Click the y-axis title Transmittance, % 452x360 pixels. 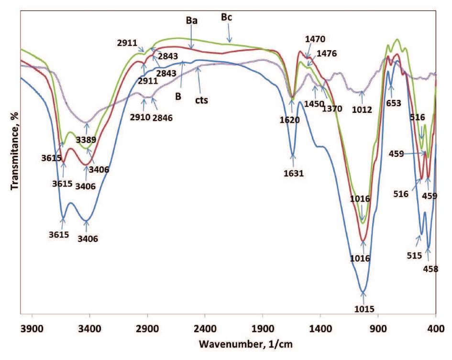point(14,148)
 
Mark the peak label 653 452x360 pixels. point(391,102)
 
